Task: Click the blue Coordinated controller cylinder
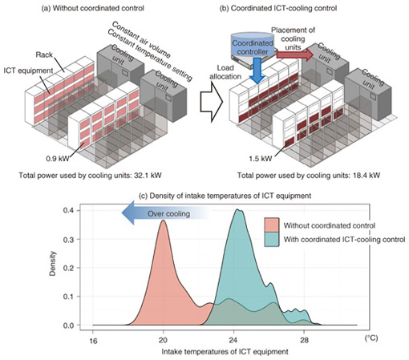[x=253, y=46]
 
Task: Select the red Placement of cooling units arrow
[x=294, y=55]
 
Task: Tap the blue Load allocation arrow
[x=257, y=71]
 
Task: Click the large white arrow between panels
[x=211, y=102]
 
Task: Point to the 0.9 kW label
[x=58, y=159]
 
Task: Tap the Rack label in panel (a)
[x=44, y=55]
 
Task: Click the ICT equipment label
[x=28, y=71]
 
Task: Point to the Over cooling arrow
[x=166, y=213]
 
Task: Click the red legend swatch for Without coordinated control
[x=272, y=225]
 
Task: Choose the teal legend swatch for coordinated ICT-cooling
[x=272, y=239]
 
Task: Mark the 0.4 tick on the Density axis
[x=68, y=210]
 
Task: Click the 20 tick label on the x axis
[x=163, y=341]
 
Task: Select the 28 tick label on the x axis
[x=304, y=341]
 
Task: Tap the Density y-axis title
[x=53, y=263]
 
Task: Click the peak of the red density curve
[x=163, y=220]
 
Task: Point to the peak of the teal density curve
[x=237, y=209]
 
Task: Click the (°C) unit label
[x=371, y=338]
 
